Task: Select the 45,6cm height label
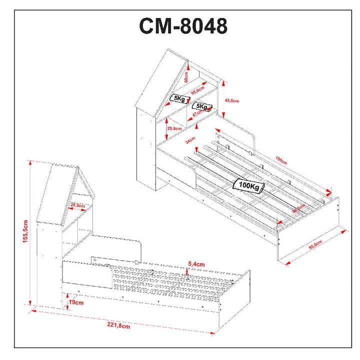(232, 100)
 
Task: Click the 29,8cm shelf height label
(174, 129)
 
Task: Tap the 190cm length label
(281, 160)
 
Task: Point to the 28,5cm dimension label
(76, 205)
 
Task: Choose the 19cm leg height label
(76, 302)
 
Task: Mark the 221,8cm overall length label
(118, 326)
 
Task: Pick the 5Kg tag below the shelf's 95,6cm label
(179, 98)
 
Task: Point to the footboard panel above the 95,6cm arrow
(310, 225)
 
